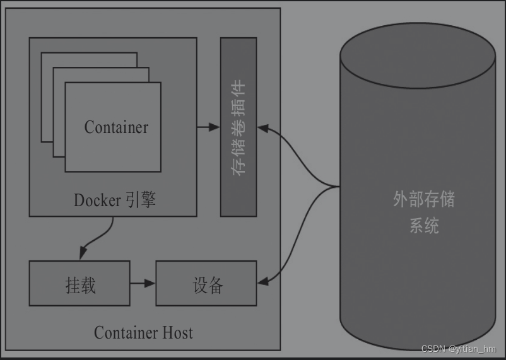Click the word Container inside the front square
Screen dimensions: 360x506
(116, 127)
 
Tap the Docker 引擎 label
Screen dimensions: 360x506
(114, 200)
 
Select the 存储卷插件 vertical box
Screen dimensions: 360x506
(238, 127)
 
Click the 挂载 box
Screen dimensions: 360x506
(79, 284)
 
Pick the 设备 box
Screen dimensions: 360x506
(206, 284)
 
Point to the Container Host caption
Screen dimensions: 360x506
(143, 332)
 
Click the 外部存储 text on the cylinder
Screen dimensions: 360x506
(423, 200)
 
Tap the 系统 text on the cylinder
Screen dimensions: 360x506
(423, 226)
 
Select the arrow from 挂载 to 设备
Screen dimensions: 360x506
(143, 284)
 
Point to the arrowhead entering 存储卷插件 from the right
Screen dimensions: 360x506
(262, 128)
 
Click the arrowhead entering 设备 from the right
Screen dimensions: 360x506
(262, 282)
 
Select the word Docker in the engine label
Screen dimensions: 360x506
(97, 200)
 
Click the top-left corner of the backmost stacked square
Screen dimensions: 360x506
(42, 53)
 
